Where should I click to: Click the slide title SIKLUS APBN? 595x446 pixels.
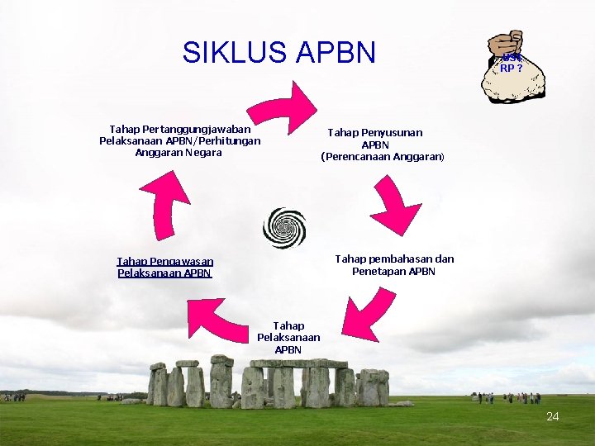pyautogui.click(x=279, y=53)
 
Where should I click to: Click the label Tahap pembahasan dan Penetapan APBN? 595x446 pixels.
pyautogui.click(x=394, y=265)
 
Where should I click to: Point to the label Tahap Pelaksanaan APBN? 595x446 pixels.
pyautogui.click(x=288, y=338)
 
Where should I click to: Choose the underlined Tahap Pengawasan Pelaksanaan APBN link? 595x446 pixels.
pyautogui.click(x=165, y=267)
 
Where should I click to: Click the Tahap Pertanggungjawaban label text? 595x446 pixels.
pyautogui.click(x=180, y=129)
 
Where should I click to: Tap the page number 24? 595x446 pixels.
pyautogui.click(x=552, y=417)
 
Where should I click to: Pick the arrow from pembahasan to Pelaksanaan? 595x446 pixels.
pyautogui.click(x=363, y=313)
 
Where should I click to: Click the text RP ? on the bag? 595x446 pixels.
pyautogui.click(x=511, y=69)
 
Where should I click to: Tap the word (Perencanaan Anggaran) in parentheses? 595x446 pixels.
pyautogui.click(x=383, y=157)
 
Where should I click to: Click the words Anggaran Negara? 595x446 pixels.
pyautogui.click(x=178, y=153)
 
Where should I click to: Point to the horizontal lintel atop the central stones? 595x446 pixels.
pyautogui.click(x=299, y=363)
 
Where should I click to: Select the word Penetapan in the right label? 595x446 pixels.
pyautogui.click(x=377, y=272)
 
